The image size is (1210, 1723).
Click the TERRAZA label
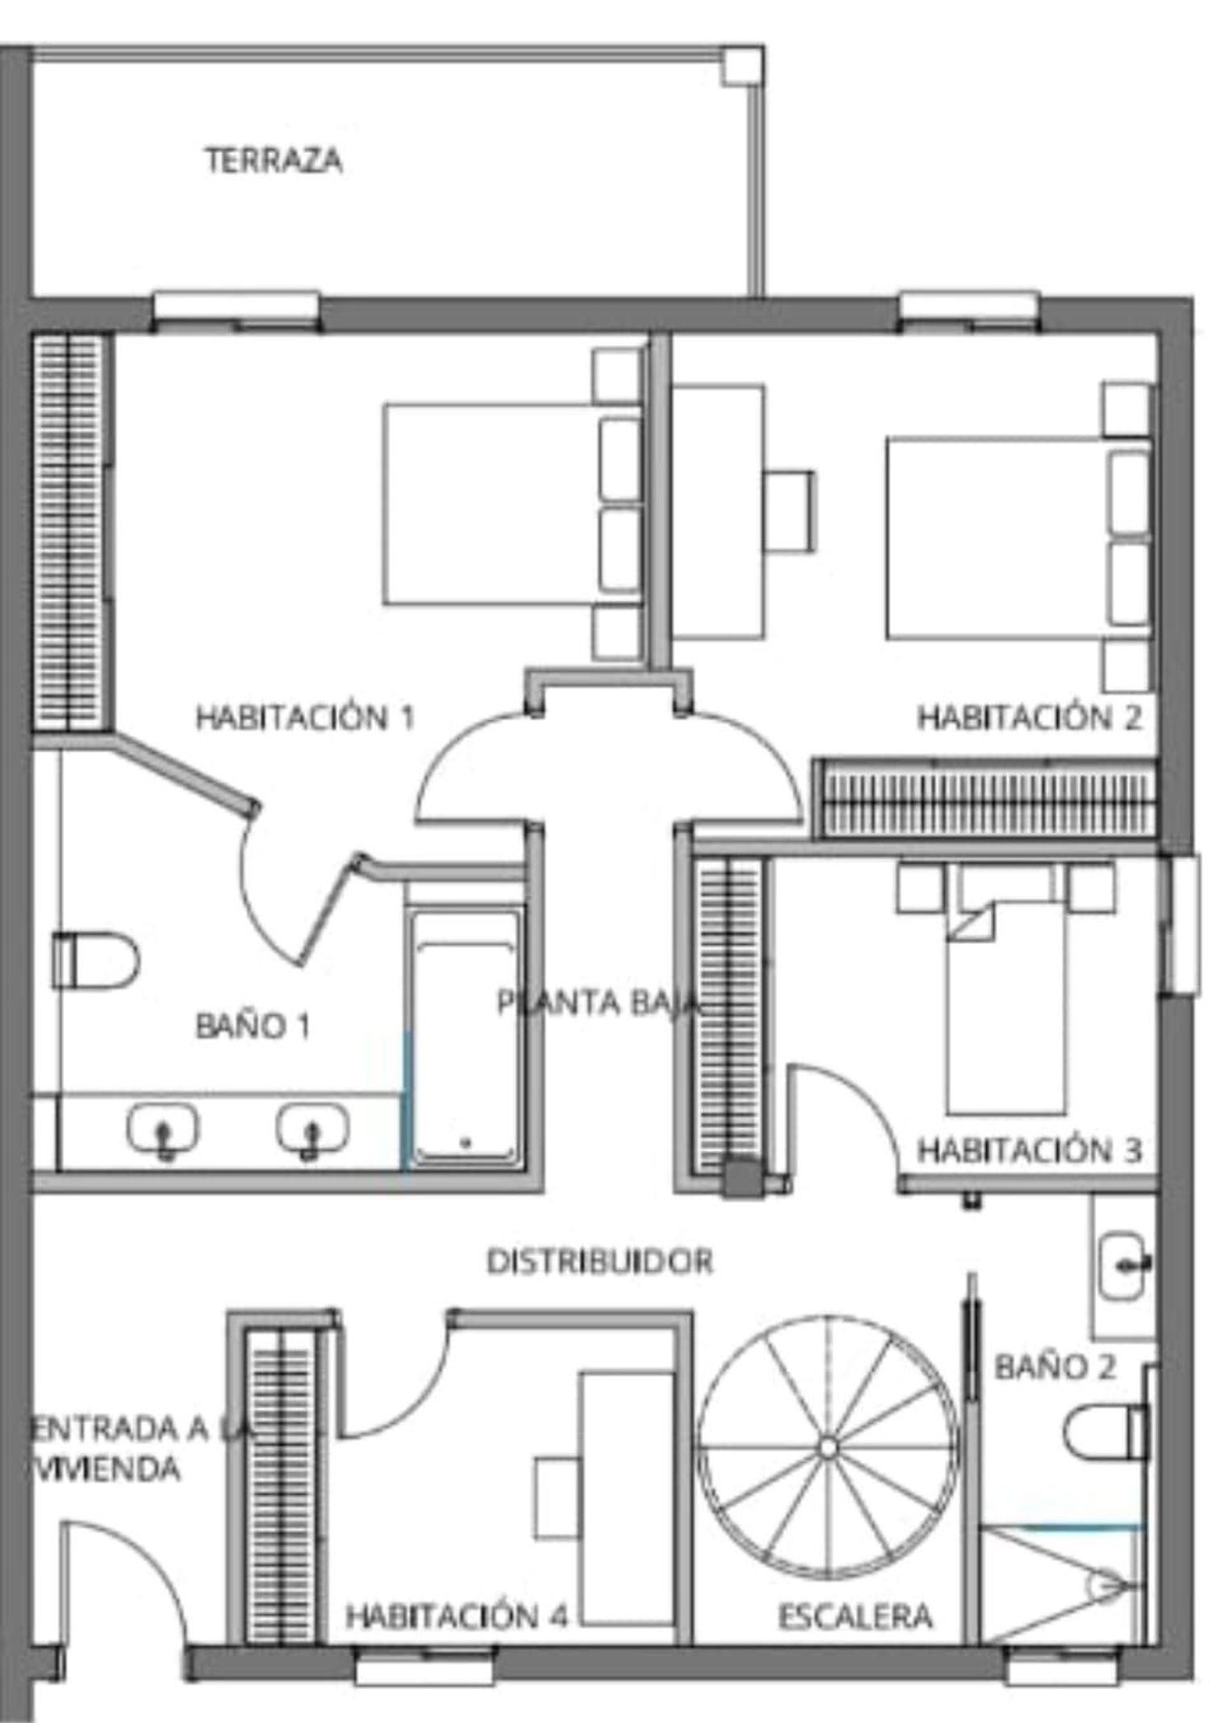(273, 160)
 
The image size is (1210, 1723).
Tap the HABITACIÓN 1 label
(305, 716)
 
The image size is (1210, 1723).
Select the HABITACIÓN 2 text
(1030, 716)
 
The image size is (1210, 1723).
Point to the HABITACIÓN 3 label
(1030, 1149)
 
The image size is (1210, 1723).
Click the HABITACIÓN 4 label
(457, 1616)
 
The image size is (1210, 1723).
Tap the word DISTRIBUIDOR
(600, 1261)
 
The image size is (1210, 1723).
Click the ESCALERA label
(855, 1616)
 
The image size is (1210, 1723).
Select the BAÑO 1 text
(253, 1025)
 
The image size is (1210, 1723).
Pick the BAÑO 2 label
(1055, 1366)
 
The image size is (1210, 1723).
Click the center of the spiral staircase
(828, 1448)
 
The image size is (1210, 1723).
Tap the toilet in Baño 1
(95, 960)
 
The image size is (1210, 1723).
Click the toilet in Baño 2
(1106, 1432)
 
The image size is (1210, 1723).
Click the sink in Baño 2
(1124, 1265)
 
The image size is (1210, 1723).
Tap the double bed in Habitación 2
(1019, 538)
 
